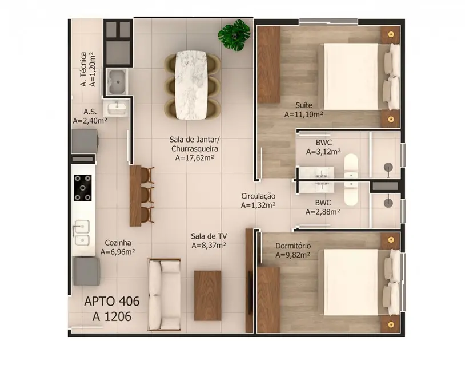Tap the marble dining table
point(192,86)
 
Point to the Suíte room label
point(303,105)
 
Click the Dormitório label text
point(293,246)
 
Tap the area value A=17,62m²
point(195,157)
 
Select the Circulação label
point(258,196)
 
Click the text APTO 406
point(112,302)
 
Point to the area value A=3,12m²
point(323,152)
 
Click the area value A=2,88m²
point(323,211)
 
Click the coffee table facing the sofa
point(207,294)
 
